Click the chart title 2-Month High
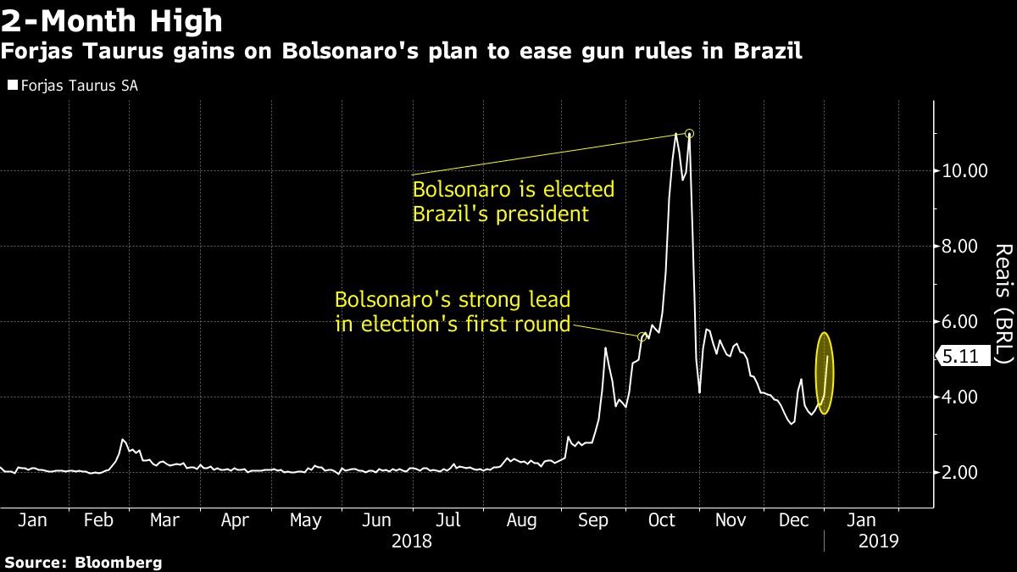pos(112,19)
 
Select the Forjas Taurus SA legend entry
pos(72,86)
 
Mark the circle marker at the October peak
pos(690,134)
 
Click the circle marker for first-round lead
pos(642,337)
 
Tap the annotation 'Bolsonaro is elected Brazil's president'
pos(513,201)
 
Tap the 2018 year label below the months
pos(413,540)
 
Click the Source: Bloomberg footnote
pos(82,562)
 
